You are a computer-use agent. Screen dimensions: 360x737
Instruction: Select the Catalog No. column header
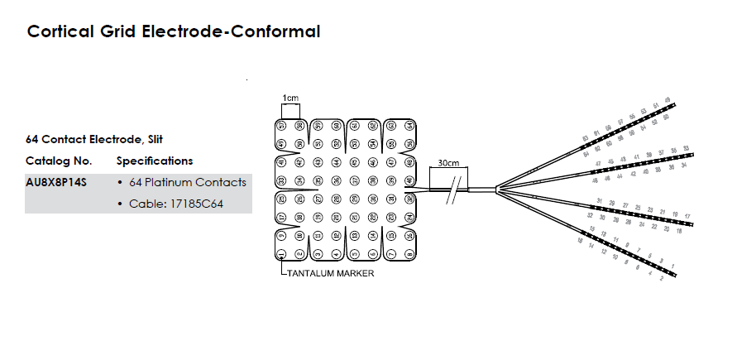coord(59,161)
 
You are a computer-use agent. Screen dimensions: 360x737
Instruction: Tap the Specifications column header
coord(155,161)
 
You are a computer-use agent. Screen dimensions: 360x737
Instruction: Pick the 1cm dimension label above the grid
coord(290,98)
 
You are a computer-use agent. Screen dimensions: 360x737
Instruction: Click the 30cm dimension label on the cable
coord(448,163)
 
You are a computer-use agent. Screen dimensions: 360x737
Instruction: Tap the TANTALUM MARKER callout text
coord(329,273)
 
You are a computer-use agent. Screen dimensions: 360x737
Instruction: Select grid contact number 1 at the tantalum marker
coord(282,253)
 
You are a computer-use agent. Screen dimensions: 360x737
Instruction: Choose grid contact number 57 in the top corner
coord(282,126)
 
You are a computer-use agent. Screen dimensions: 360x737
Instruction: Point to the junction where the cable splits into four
coord(496,190)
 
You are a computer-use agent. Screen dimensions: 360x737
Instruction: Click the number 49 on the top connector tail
coord(667,101)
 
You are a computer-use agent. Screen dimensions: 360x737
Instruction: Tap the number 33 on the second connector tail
coord(686,147)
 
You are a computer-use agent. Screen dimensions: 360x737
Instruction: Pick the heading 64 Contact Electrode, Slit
coord(100,139)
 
